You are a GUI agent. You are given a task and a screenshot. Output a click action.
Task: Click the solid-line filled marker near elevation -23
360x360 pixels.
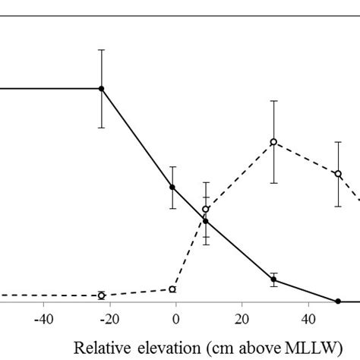coord(101,88)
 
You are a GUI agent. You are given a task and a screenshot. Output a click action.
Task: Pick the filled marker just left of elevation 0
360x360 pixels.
coord(172,188)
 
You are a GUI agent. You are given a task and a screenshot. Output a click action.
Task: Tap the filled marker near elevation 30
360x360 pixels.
coord(273,279)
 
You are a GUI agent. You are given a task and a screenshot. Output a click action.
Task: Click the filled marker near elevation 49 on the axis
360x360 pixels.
coord(338,302)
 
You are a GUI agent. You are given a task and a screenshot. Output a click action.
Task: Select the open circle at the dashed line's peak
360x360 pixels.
coord(273,142)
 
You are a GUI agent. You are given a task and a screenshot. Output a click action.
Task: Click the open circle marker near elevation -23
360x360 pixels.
coord(101,295)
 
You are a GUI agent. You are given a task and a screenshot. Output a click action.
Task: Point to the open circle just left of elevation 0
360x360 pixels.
coord(172,289)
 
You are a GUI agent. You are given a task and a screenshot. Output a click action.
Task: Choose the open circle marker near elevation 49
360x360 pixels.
coord(338,174)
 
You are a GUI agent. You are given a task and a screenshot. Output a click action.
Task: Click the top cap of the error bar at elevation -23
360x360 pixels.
coord(101,50)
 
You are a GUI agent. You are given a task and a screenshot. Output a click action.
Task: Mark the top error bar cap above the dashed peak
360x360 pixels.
coord(273,100)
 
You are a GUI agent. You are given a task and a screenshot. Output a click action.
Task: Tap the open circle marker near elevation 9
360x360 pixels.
coord(206,209)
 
